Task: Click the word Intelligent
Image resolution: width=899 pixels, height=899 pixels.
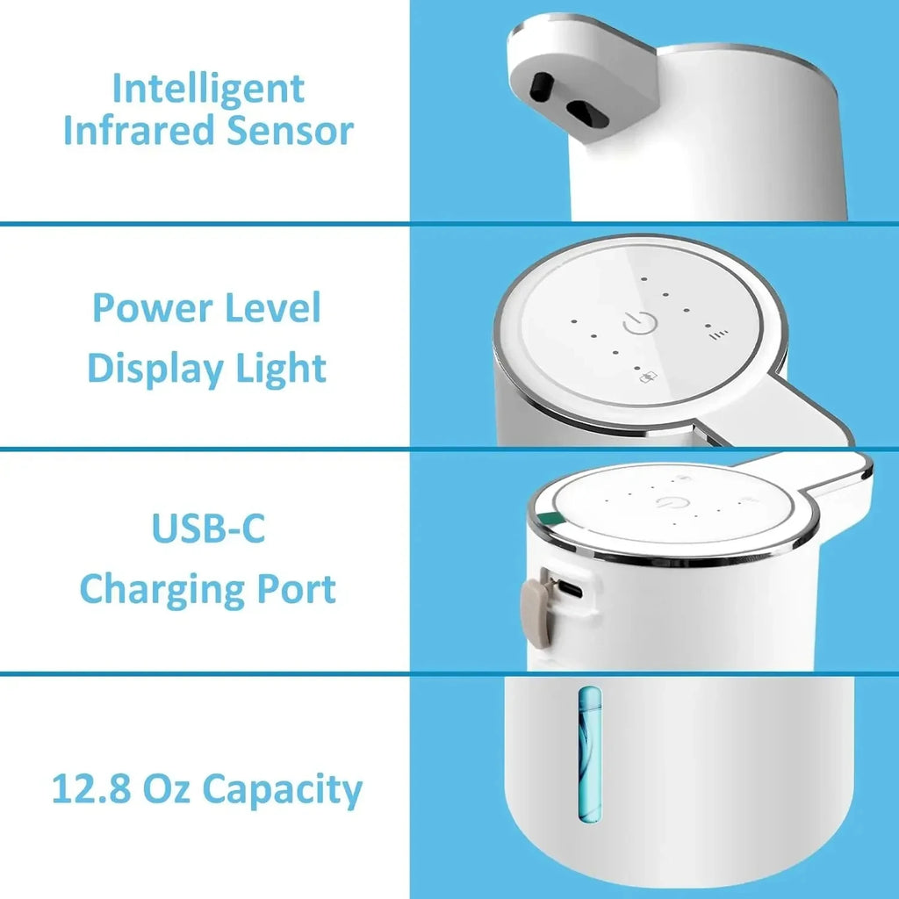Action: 208,90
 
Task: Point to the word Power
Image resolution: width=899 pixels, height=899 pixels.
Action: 147,308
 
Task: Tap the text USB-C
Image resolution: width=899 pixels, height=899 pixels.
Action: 208,530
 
